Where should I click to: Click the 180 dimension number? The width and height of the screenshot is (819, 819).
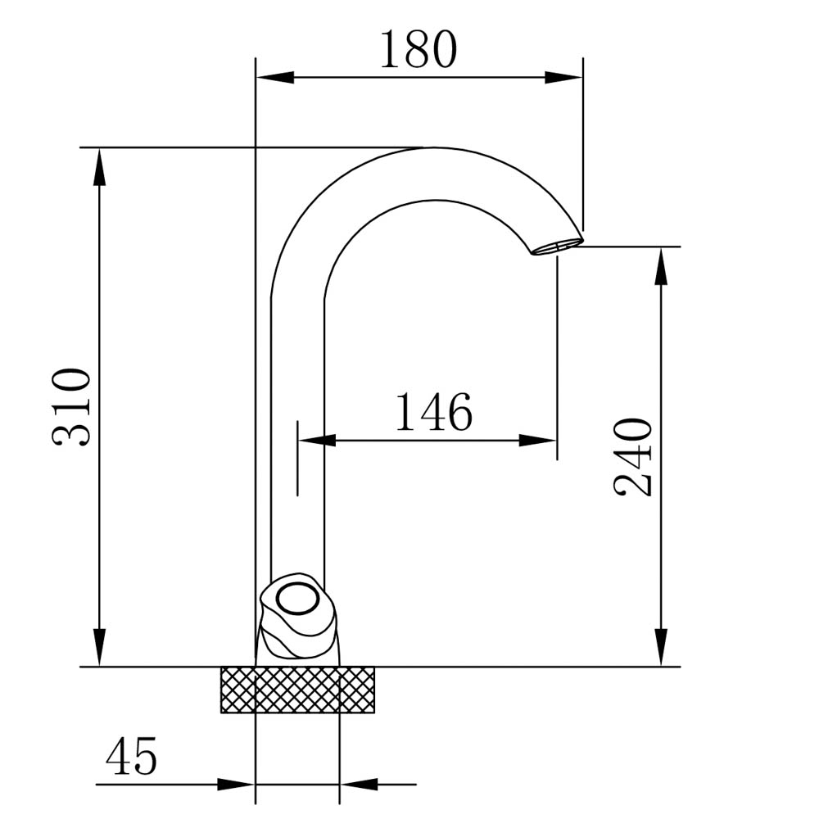[x=418, y=50]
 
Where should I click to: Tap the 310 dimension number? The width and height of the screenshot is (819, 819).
[x=71, y=407]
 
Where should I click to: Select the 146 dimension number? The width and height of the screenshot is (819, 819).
[x=433, y=412]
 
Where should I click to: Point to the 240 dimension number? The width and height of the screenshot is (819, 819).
[x=632, y=457]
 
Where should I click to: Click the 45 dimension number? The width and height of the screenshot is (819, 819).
[x=131, y=756]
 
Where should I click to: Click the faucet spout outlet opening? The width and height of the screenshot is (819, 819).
[x=557, y=247]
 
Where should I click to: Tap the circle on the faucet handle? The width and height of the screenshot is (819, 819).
[x=297, y=600]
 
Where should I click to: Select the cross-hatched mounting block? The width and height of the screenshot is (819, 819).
[x=298, y=690]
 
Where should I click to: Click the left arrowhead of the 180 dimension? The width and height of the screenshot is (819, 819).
[x=274, y=78]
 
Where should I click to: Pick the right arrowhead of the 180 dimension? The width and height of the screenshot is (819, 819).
[x=564, y=78]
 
